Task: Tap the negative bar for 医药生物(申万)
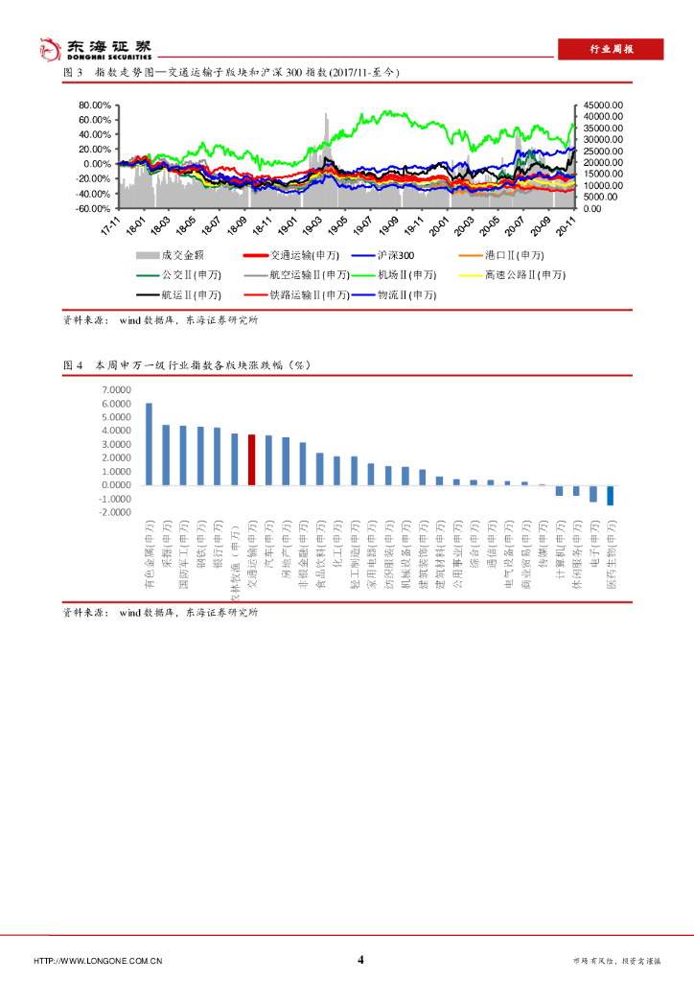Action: tap(610, 495)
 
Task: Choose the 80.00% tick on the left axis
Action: tap(96, 105)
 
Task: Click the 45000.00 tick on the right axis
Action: tap(605, 105)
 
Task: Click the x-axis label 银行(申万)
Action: tap(219, 544)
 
